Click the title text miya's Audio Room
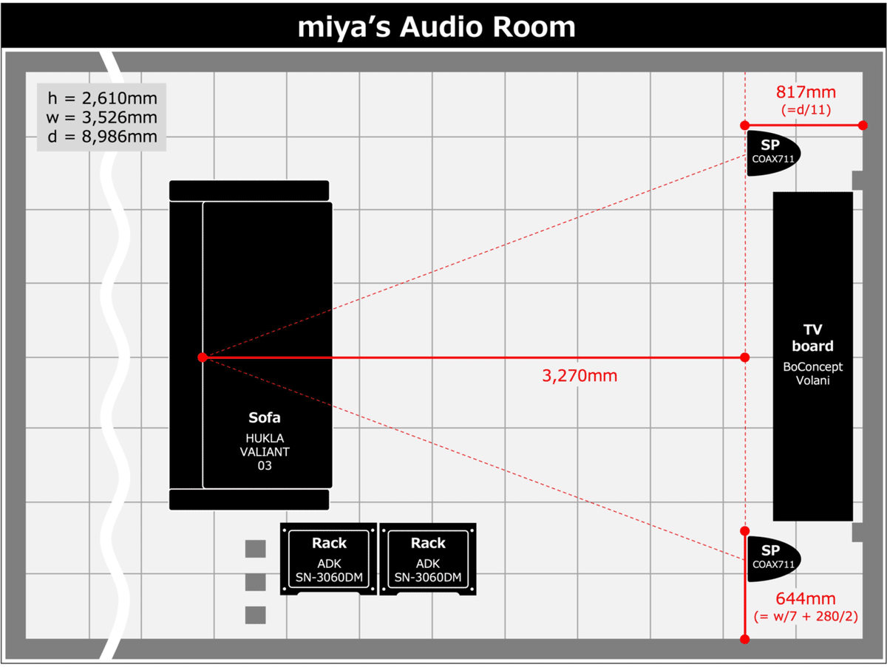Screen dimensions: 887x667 coord(436,27)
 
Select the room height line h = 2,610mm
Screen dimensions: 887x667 coord(102,98)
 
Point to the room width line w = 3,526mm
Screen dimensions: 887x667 coord(102,117)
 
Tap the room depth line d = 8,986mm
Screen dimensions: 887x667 coord(102,137)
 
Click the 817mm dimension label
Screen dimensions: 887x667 coord(805,92)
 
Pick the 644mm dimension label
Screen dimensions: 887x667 coord(805,598)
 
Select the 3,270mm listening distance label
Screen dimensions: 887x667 coord(580,376)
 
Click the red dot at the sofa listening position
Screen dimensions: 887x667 coord(203,358)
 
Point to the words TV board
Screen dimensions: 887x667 coord(812,338)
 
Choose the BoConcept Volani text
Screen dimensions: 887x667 coord(812,373)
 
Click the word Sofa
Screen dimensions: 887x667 coord(265,418)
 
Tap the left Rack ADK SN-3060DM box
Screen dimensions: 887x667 coord(329,559)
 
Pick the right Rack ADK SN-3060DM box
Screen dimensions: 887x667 coord(428,559)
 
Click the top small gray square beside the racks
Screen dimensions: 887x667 coord(255,549)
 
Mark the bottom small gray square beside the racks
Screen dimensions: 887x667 coord(255,615)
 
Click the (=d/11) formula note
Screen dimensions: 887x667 coord(806,110)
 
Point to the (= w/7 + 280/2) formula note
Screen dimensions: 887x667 coord(806,615)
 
